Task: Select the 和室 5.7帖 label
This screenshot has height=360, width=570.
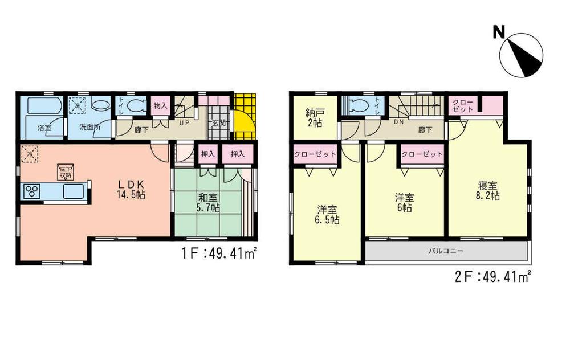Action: click(209, 203)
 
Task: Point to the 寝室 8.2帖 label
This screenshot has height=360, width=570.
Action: click(488, 190)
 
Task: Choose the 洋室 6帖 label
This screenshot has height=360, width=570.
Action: click(405, 203)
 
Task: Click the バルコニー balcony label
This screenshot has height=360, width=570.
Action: click(446, 251)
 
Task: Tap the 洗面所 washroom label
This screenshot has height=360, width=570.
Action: click(91, 128)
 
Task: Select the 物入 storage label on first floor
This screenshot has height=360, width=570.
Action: click(160, 106)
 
